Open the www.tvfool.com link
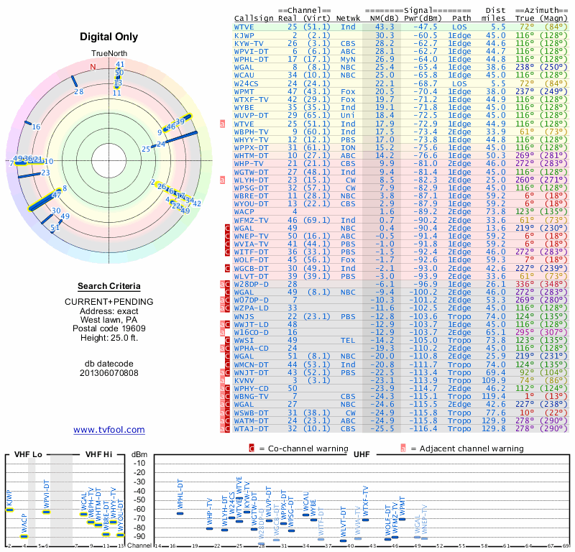[109, 430]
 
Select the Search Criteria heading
[109, 286]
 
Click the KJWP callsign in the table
[244, 34]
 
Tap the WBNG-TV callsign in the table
[252, 396]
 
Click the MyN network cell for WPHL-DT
[349, 58]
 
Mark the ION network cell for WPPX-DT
[349, 147]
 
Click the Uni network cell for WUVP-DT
[349, 114]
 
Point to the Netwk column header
[349, 18]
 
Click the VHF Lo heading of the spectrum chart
[27, 455]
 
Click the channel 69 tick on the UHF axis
[567, 546]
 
